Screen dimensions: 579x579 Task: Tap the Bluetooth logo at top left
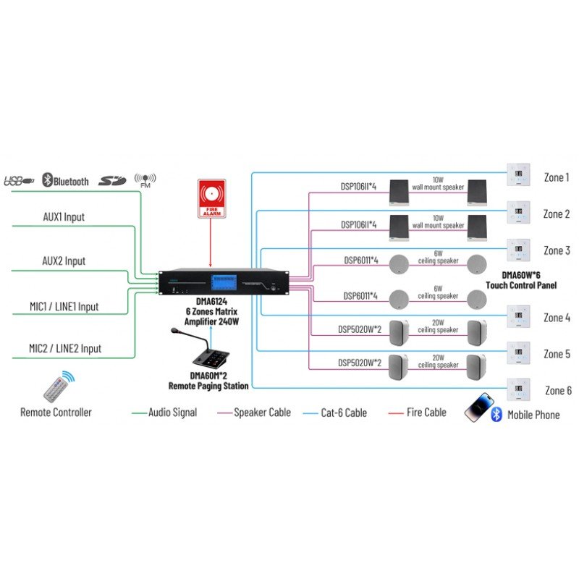click(x=66, y=181)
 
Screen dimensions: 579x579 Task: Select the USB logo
click(x=19, y=181)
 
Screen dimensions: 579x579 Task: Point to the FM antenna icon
click(x=145, y=179)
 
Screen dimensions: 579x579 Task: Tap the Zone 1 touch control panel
click(x=519, y=175)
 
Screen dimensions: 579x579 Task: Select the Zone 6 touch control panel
click(x=519, y=389)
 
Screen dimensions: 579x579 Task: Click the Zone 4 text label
click(x=557, y=318)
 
